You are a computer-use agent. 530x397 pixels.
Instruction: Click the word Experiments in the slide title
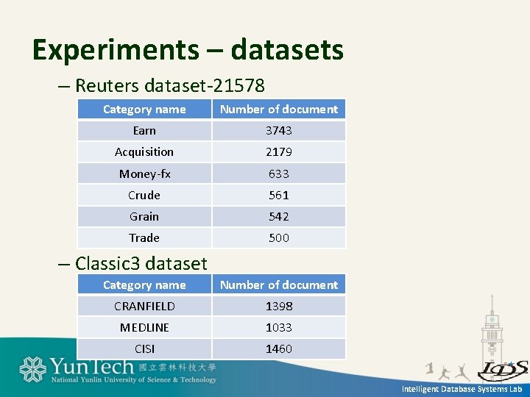(x=116, y=50)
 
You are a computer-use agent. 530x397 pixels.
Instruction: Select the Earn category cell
(x=144, y=130)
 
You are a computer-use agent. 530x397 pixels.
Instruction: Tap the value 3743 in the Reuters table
(x=278, y=130)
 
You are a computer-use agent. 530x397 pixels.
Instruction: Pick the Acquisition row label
(x=144, y=152)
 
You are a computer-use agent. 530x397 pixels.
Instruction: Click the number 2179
(x=278, y=152)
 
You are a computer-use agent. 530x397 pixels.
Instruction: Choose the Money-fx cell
(x=144, y=174)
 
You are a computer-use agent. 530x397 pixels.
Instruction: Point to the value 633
(x=278, y=174)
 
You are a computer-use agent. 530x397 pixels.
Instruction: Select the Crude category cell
(x=144, y=195)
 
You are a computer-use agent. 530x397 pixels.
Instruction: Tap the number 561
(x=278, y=195)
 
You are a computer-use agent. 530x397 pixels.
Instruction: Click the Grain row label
(x=144, y=216)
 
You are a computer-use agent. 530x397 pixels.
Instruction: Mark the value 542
(x=278, y=216)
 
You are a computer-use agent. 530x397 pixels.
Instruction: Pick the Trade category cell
(x=144, y=237)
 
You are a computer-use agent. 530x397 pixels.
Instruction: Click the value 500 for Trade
(x=278, y=237)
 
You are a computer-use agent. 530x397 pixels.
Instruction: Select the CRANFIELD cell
(x=144, y=306)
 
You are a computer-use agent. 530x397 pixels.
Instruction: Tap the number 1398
(x=278, y=306)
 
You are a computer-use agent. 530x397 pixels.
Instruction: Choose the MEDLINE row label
(x=144, y=327)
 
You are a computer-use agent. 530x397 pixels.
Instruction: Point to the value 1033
(x=278, y=327)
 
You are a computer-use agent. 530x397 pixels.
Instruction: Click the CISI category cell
(x=144, y=348)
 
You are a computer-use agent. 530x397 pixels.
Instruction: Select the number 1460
(x=278, y=348)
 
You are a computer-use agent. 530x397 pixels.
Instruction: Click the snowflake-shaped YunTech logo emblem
(x=33, y=370)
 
